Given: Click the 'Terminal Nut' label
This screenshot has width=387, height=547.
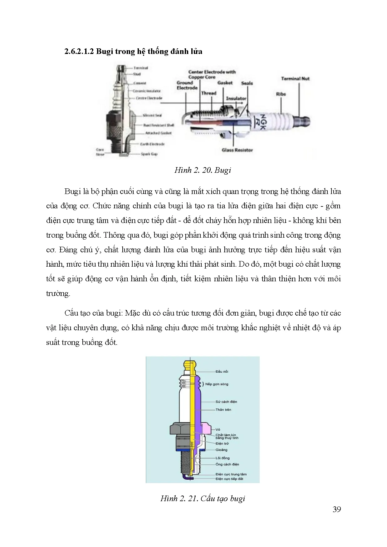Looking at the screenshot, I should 295,79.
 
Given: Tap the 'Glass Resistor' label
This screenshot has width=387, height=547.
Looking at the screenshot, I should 237,150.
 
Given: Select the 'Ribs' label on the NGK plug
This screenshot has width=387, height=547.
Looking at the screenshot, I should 281,94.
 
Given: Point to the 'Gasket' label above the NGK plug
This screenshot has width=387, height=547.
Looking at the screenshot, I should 225,83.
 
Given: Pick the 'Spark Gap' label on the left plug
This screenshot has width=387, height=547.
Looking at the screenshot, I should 149,154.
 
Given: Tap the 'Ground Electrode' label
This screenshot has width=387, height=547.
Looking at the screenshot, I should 187,85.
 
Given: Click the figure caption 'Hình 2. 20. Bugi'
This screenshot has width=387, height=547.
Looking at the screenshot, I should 203,170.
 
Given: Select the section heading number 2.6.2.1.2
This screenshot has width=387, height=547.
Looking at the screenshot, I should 79,51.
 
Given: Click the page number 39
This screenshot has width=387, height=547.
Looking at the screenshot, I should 336,509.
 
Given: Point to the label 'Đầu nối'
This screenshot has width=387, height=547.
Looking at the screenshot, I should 222,371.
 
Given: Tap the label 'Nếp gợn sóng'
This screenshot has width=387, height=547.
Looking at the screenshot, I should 217,384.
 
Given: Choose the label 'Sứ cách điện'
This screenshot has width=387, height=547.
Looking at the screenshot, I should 226,402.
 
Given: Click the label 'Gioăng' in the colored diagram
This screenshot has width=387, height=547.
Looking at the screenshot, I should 221,450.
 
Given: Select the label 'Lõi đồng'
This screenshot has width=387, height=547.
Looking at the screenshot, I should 223,458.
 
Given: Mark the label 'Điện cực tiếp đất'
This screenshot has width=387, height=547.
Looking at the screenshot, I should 229,479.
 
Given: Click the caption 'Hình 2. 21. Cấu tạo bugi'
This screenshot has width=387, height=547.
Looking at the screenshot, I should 203,498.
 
